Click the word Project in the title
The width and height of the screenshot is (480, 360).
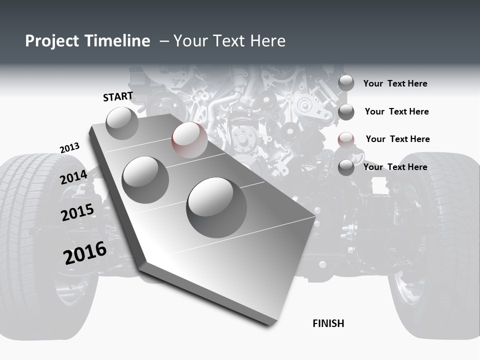(52, 41)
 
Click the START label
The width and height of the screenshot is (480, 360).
(118, 96)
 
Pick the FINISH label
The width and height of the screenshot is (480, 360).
(328, 323)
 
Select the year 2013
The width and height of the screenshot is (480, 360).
(69, 148)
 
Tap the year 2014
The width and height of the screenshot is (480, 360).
(74, 177)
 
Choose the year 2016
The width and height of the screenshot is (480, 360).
(85, 252)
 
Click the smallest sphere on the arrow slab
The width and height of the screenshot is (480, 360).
(122, 123)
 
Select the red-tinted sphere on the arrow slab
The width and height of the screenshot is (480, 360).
(189, 140)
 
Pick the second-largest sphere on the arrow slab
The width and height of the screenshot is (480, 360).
(145, 179)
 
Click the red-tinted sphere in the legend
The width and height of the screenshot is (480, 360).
(346, 140)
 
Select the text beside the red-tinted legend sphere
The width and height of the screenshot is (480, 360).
(397, 139)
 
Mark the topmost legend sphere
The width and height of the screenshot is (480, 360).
(346, 83)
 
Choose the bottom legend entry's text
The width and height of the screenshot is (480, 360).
(395, 167)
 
